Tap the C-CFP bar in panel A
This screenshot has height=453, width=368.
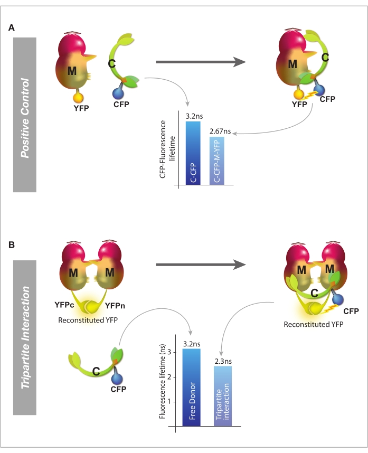pyautogui.click(x=193, y=155)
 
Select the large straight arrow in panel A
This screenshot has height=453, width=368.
pyautogui.click(x=201, y=62)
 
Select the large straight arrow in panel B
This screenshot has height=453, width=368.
pyautogui.click(x=201, y=263)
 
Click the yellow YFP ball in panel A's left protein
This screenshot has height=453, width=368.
pyautogui.click(x=77, y=98)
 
